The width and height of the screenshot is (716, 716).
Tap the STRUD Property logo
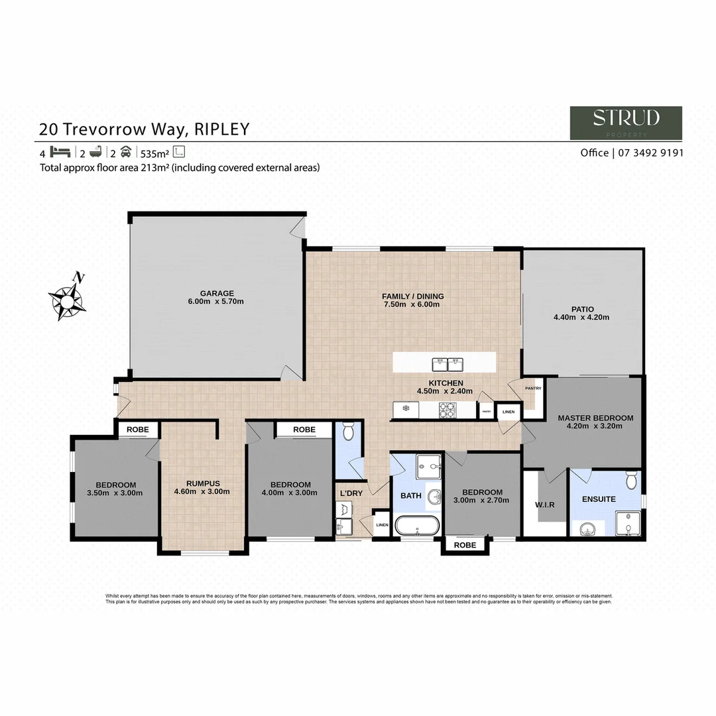coord(626,123)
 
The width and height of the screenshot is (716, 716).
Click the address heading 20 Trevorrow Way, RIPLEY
coord(144,129)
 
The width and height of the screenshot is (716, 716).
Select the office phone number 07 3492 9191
coord(651,152)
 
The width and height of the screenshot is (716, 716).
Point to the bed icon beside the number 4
coord(60,152)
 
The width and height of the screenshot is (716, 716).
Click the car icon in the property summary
coord(125,152)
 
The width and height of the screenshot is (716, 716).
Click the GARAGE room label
coord(217,293)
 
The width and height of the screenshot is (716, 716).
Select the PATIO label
coord(581,308)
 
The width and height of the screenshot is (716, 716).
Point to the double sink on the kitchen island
coord(447,363)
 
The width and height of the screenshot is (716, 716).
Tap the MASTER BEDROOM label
coord(595,418)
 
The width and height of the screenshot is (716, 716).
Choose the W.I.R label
coord(544,505)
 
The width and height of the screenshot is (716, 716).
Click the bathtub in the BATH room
coord(416,525)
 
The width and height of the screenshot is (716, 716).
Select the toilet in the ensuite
coord(630,479)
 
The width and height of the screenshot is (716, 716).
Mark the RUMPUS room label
coord(202,483)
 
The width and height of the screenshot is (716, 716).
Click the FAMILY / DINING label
coord(412,296)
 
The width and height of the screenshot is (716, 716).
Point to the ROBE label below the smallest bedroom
coord(465,545)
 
